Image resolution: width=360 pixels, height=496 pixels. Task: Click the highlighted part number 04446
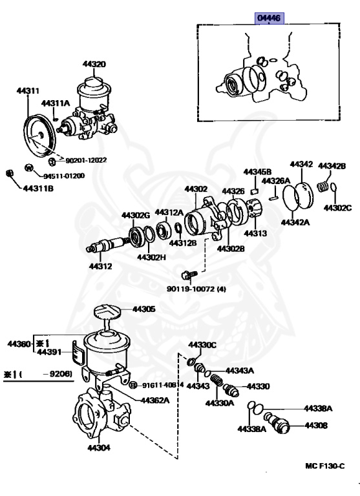click(x=268, y=18)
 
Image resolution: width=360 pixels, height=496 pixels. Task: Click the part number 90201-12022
click(x=86, y=160)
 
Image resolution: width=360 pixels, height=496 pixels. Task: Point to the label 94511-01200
click(x=64, y=176)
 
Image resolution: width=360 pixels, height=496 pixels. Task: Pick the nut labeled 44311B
click(x=10, y=172)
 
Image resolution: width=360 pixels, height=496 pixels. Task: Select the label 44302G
click(x=136, y=215)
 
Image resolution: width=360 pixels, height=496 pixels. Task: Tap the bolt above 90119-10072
click(x=188, y=274)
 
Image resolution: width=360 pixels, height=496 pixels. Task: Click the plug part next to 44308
click(x=283, y=425)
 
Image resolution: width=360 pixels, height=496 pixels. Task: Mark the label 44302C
click(x=337, y=208)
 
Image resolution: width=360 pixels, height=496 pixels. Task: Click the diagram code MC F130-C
click(x=325, y=465)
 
